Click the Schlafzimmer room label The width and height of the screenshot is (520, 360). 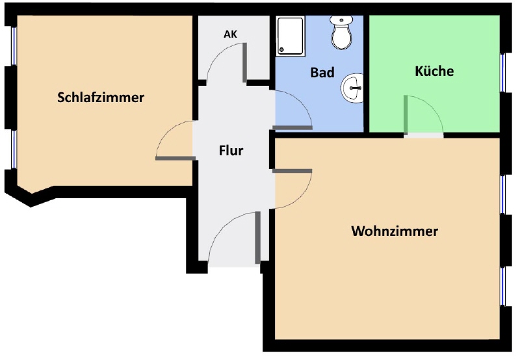[101, 97]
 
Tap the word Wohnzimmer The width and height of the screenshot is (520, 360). [395, 231]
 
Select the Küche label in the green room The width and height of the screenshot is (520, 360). [434, 71]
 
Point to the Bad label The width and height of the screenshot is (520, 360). [322, 73]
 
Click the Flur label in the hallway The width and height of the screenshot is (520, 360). [231, 151]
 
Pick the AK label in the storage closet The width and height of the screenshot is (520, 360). [231, 34]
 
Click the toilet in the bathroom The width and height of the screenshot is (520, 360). [341, 32]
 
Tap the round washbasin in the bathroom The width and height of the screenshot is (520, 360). [352, 88]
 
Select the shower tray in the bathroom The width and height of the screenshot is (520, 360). [290, 36]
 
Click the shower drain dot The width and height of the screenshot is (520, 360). [281, 50]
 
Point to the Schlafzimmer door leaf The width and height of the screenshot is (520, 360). [175, 159]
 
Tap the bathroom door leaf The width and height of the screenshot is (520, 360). [292, 127]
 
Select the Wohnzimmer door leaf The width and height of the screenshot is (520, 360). [292, 171]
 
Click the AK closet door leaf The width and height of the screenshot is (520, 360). [245, 62]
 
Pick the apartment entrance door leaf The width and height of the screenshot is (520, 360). [257, 238]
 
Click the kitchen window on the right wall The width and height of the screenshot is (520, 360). [502, 72]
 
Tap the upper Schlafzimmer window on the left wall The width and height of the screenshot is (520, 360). [14, 46]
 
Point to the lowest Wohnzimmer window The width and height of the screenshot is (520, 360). [502, 286]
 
